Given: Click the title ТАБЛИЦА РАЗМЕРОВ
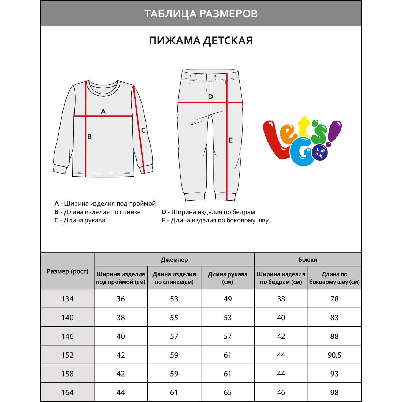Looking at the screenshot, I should pyautogui.click(x=201, y=14).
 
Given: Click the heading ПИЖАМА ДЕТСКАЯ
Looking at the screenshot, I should pyautogui.click(x=201, y=41).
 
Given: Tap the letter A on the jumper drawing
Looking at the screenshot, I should pyautogui.click(x=103, y=111).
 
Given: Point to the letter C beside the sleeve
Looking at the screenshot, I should pyautogui.click(x=143, y=131).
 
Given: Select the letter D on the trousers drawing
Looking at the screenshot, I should pyautogui.click(x=210, y=97).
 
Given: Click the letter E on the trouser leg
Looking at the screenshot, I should pyautogui.click(x=231, y=140).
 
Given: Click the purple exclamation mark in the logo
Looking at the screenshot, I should pyautogui.click(x=334, y=133).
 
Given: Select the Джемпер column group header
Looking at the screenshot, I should pyautogui.click(x=174, y=260).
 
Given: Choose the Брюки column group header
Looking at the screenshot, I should pyautogui.click(x=308, y=260).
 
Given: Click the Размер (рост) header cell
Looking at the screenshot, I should pyautogui.click(x=68, y=271).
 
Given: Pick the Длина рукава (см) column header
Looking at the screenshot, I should pyautogui.click(x=228, y=278).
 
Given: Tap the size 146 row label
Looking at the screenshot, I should pyautogui.click(x=68, y=336).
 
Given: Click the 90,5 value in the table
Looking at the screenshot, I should pyautogui.click(x=334, y=355).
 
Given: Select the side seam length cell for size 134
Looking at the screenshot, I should pyautogui.click(x=334, y=299).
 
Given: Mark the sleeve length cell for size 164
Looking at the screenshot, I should pyautogui.click(x=228, y=393).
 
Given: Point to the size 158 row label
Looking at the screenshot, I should pyautogui.click(x=68, y=374).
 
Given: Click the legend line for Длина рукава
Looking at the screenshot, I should pyautogui.click(x=80, y=221).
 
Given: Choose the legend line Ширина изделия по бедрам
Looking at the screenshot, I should pyautogui.click(x=208, y=212).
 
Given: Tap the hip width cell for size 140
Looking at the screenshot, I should pyautogui.click(x=281, y=318).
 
